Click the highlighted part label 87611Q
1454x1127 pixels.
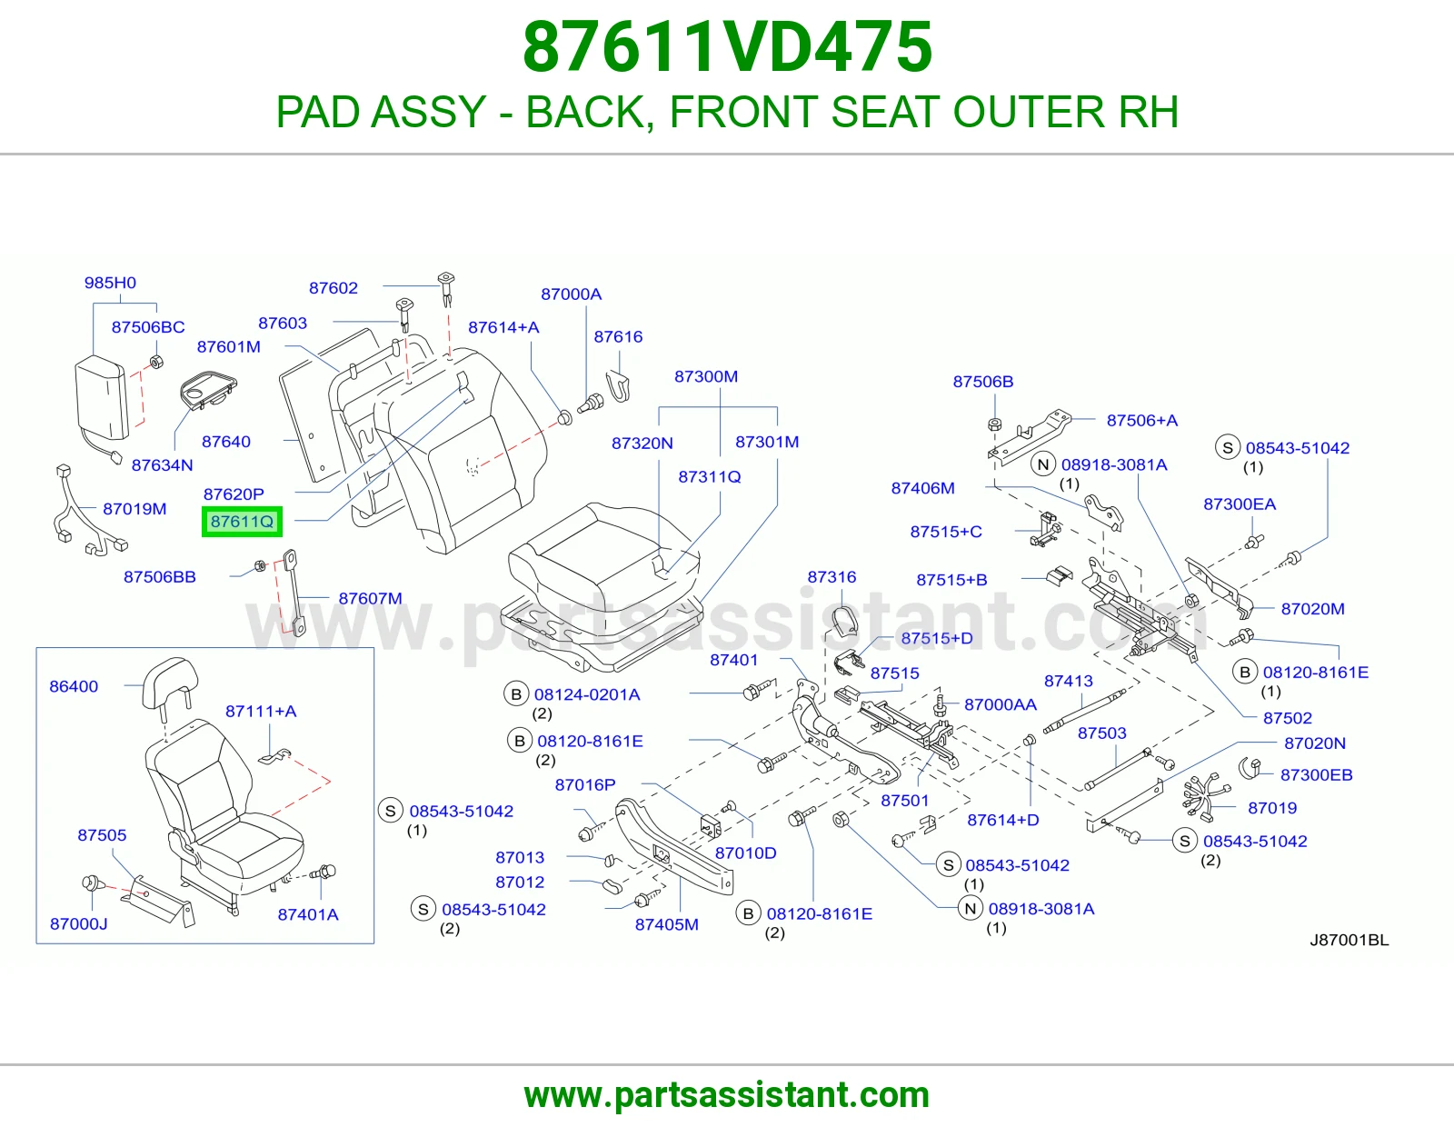pos(242,522)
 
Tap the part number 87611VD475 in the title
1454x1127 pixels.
pos(727,47)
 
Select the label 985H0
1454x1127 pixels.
pos(110,283)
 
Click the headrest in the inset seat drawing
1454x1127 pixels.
pos(170,683)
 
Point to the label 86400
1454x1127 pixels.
pos(74,686)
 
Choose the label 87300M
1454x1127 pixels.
pos(706,376)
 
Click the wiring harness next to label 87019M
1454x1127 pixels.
pos(88,511)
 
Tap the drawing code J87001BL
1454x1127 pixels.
pos(1349,941)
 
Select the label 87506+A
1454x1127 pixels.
pos(1142,420)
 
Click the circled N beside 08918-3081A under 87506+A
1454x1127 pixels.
pos(1042,464)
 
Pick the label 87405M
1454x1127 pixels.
pos(666,924)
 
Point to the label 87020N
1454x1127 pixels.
pos(1315,743)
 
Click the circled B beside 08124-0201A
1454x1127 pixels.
pos(516,694)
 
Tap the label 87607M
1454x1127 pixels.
pos(370,598)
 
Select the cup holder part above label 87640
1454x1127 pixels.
pos(209,391)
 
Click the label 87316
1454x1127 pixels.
pos(832,577)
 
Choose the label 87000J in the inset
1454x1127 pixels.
pos(78,923)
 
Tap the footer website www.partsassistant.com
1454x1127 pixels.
pos(727,1095)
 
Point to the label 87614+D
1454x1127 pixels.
pos(1003,820)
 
